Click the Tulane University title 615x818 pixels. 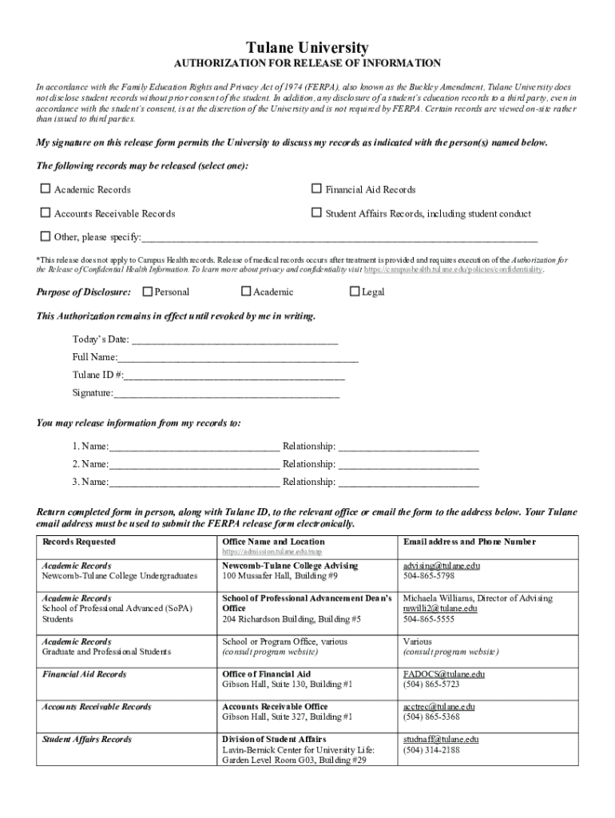pos(307,48)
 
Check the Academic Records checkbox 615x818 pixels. pos(45,189)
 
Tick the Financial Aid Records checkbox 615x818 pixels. pos(316,189)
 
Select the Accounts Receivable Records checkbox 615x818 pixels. pos(45,213)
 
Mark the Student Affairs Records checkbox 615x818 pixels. pos(316,213)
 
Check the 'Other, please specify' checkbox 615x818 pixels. pos(45,236)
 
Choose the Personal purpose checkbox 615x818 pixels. pos(147,292)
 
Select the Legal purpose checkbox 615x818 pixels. pos(355,292)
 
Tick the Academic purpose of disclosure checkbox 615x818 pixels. pos(246,292)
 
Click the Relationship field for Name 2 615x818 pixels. pos(409,465)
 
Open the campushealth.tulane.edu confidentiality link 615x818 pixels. pos(454,270)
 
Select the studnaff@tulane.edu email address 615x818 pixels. pos(441,740)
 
